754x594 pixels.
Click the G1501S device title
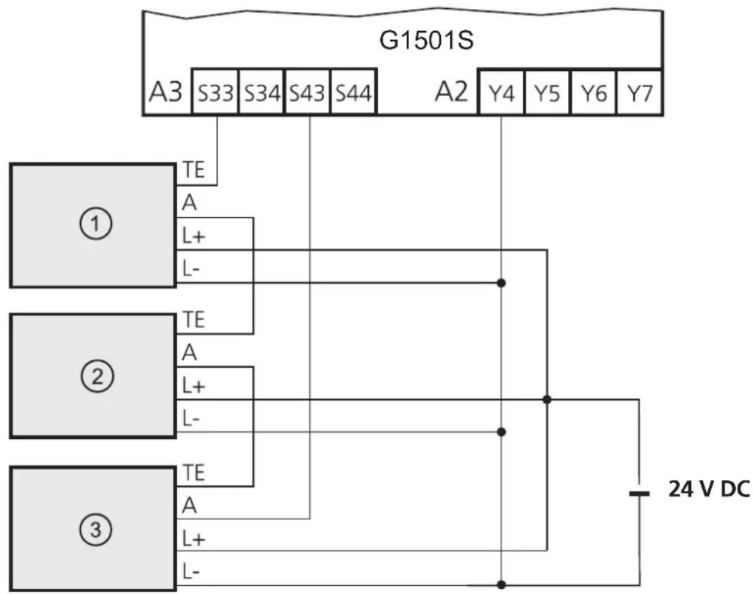coord(426,40)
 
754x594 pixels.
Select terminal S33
coord(215,92)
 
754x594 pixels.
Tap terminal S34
coord(261,92)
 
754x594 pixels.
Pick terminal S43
coord(307,92)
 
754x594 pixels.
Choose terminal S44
coord(353,92)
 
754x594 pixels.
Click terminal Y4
coord(501,92)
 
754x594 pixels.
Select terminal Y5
coord(546,92)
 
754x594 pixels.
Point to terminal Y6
coord(593,92)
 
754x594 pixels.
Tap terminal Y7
coord(639,92)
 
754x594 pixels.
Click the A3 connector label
coord(165,92)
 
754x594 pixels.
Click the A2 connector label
coord(451,91)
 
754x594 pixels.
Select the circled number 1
coord(96,224)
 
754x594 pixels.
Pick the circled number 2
coord(97,375)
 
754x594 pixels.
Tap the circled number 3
coord(96,529)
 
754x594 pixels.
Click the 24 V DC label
coord(709,489)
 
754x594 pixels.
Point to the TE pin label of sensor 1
coord(193,170)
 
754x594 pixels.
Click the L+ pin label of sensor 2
coord(193,386)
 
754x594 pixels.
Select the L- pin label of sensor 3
coord(191,571)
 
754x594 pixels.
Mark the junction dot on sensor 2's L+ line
coord(546,399)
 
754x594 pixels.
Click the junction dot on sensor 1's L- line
coord(501,283)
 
